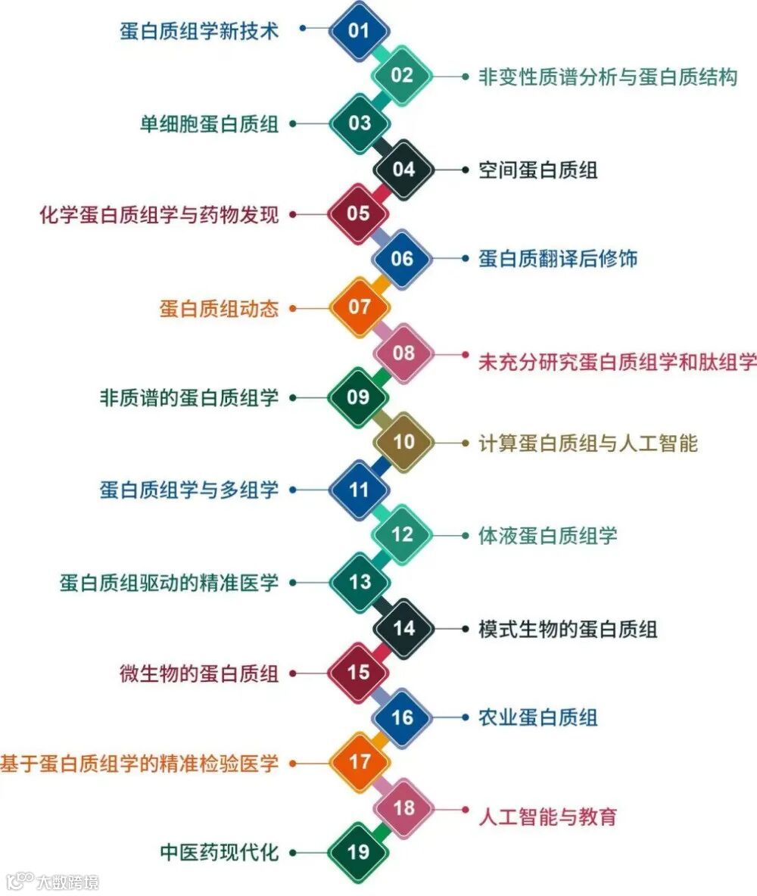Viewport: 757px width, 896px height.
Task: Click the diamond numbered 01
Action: click(x=359, y=30)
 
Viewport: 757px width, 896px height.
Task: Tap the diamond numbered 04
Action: click(x=403, y=169)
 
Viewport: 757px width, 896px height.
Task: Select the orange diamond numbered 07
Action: click(x=359, y=306)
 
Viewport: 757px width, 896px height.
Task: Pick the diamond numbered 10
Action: click(x=403, y=442)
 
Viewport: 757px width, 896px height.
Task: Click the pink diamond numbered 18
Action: click(x=403, y=807)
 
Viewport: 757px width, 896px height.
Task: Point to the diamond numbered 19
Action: click(x=359, y=852)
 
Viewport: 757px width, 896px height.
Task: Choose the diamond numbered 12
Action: click(x=403, y=535)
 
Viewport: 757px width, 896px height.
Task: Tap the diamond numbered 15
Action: click(x=359, y=671)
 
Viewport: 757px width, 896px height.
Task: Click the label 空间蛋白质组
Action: click(x=537, y=170)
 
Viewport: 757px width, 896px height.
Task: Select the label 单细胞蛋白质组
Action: click(x=209, y=123)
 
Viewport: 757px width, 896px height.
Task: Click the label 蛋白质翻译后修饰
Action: click(x=558, y=259)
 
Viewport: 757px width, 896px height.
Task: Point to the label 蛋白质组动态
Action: click(x=219, y=308)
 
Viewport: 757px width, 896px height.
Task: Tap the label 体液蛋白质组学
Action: click(x=547, y=536)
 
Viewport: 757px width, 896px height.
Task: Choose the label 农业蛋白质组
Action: click(x=537, y=717)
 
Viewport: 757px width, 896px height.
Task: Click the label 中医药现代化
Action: click(x=219, y=853)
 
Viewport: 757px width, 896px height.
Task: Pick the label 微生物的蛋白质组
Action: click(x=199, y=672)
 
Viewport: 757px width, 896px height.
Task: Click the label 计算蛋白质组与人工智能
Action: click(x=587, y=443)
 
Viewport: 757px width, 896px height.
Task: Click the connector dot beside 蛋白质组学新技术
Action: click(x=303, y=28)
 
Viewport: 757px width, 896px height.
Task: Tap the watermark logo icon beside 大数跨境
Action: click(x=20, y=881)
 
